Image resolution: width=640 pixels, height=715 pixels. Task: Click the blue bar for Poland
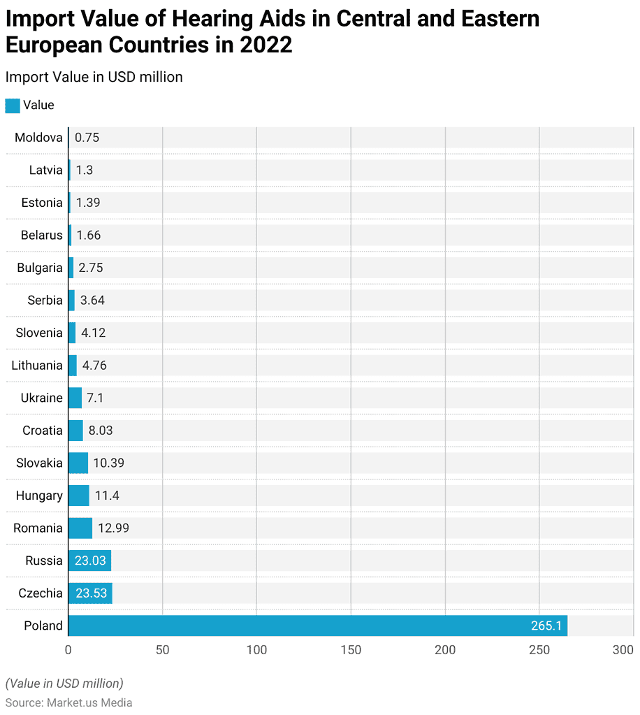pyautogui.click(x=318, y=626)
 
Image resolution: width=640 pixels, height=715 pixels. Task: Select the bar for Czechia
pyautogui.click(x=90, y=593)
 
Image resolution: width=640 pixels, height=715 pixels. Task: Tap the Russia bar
pyautogui.click(x=89, y=561)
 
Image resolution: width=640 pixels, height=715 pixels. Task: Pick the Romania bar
pyautogui.click(x=80, y=528)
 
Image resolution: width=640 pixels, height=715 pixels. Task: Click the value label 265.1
pyautogui.click(x=546, y=626)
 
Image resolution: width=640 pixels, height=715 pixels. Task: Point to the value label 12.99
pyautogui.click(x=113, y=528)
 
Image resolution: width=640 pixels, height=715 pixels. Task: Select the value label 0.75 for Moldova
pyautogui.click(x=87, y=138)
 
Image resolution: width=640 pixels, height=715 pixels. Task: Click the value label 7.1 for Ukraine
pyautogui.click(x=95, y=398)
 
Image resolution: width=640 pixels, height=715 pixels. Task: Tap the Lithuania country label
pyautogui.click(x=37, y=366)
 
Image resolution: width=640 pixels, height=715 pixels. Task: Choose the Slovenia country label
pyautogui.click(x=39, y=333)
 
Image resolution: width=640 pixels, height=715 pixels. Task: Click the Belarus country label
pyautogui.click(x=41, y=236)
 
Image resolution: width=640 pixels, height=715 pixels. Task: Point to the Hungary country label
pyautogui.click(x=39, y=496)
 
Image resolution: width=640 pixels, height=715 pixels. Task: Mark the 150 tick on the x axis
pyautogui.click(x=351, y=650)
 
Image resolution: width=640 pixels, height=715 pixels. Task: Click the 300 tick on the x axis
pyautogui.click(x=623, y=650)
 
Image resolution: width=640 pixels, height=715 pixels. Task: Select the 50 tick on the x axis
pyautogui.click(x=162, y=650)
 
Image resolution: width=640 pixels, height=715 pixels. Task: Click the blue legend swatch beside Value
pyautogui.click(x=13, y=106)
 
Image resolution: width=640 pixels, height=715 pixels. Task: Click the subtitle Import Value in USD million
pyautogui.click(x=94, y=77)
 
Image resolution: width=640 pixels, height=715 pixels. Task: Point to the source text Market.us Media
pyautogui.click(x=89, y=702)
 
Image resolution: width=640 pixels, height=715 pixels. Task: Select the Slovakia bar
pyautogui.click(x=78, y=463)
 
